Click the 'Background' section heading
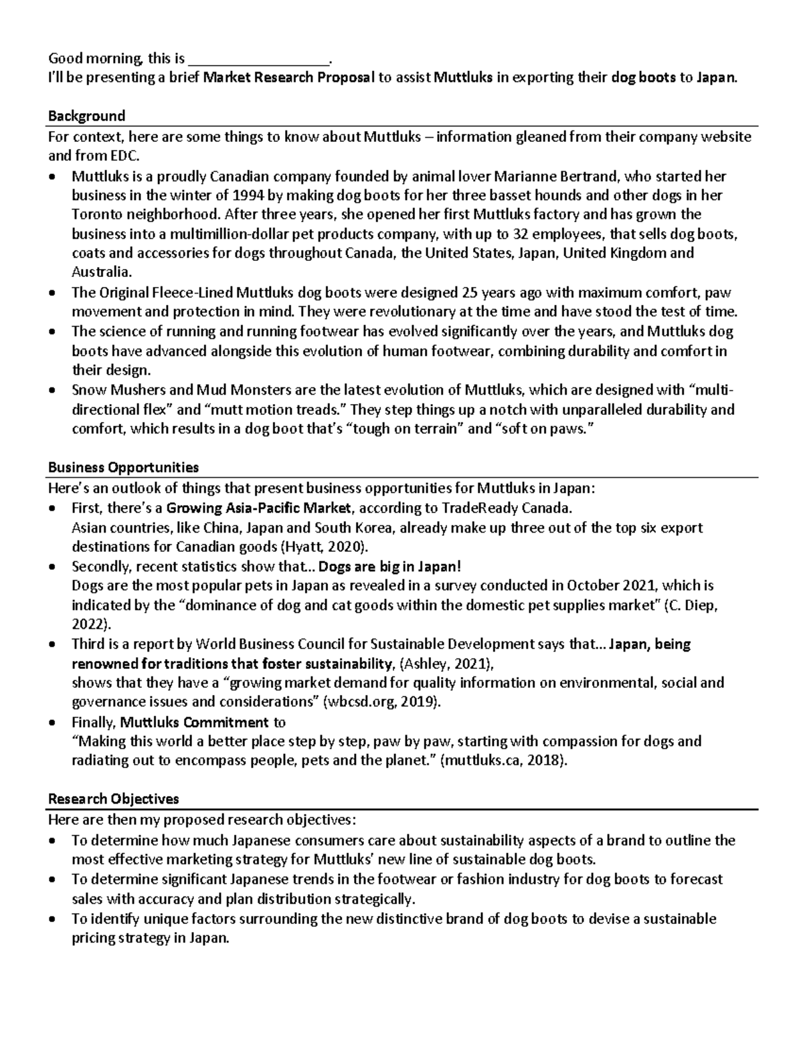pos(86,116)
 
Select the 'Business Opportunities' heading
pos(123,467)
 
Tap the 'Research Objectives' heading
pos(113,799)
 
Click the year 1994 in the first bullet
pos(248,195)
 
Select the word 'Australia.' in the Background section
pos(102,272)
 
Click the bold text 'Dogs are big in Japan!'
pos(390,566)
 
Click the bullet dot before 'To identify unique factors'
pos(54,919)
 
